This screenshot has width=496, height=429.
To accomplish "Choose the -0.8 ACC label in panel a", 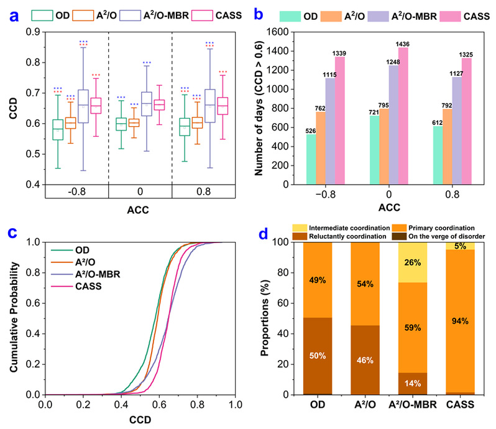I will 79,193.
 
